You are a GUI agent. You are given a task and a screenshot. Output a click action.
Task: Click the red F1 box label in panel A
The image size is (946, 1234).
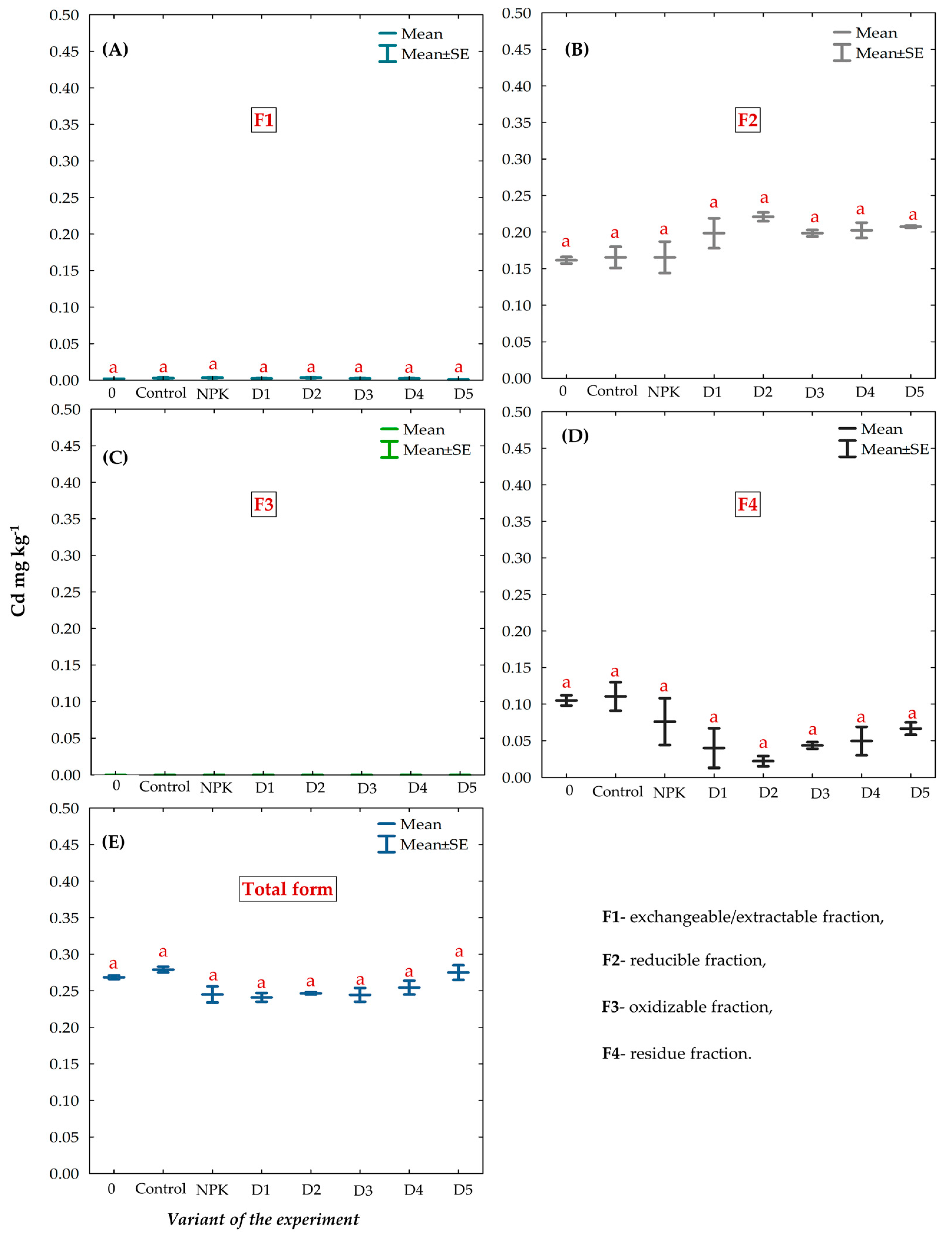(264, 120)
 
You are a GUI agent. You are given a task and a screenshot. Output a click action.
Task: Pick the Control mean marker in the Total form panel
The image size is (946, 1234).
(163, 970)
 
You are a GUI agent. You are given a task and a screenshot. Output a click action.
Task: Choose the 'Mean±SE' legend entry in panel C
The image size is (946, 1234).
(426, 450)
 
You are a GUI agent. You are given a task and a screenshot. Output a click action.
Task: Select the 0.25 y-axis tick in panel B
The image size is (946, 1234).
(516, 196)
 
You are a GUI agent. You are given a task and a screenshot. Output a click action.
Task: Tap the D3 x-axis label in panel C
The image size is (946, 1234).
(367, 788)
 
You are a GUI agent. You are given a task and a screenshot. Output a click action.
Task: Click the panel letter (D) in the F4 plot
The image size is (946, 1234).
(575, 435)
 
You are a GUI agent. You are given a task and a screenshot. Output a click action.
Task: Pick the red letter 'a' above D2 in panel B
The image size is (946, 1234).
(764, 198)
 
